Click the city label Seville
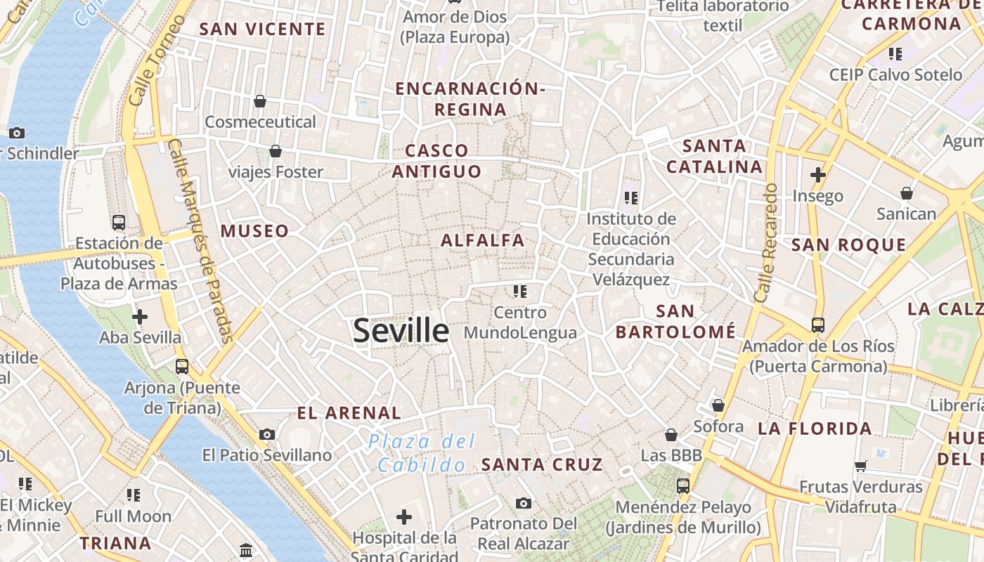401,330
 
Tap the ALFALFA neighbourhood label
483,240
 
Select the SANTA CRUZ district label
542,464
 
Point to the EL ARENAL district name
349,412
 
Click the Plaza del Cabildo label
422,453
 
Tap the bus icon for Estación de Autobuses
119,223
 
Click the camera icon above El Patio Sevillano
267,434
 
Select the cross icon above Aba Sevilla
140,317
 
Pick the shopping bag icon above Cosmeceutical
260,101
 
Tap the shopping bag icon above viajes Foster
276,151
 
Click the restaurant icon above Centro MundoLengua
520,291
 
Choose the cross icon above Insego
817,174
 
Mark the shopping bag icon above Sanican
907,192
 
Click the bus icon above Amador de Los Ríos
818,325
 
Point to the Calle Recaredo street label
765,242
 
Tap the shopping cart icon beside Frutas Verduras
861,465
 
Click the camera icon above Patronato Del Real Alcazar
523,503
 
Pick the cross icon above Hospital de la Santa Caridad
404,518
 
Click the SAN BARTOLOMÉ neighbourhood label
675,321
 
